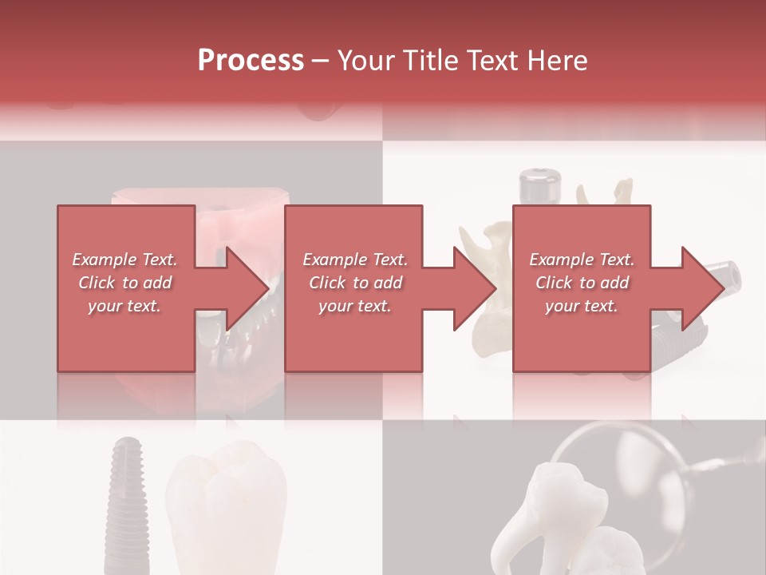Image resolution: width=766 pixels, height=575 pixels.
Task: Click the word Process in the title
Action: coord(251,61)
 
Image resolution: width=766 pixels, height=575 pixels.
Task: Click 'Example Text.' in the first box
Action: coord(125,260)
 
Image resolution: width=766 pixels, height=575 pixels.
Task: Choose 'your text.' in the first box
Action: coord(125,306)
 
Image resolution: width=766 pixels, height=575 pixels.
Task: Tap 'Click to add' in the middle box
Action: coord(355,283)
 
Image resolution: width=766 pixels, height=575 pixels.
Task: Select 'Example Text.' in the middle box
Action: coord(355,260)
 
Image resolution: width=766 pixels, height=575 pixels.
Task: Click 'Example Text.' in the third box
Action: coord(582,260)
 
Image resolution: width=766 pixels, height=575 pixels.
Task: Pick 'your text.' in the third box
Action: coord(582,306)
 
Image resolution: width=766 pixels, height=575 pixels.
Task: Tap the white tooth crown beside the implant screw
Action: coord(227,503)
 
